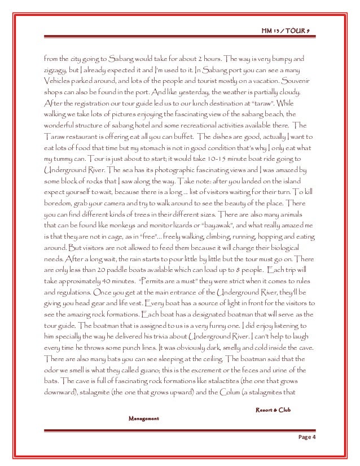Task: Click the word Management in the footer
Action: click(x=144, y=419)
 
